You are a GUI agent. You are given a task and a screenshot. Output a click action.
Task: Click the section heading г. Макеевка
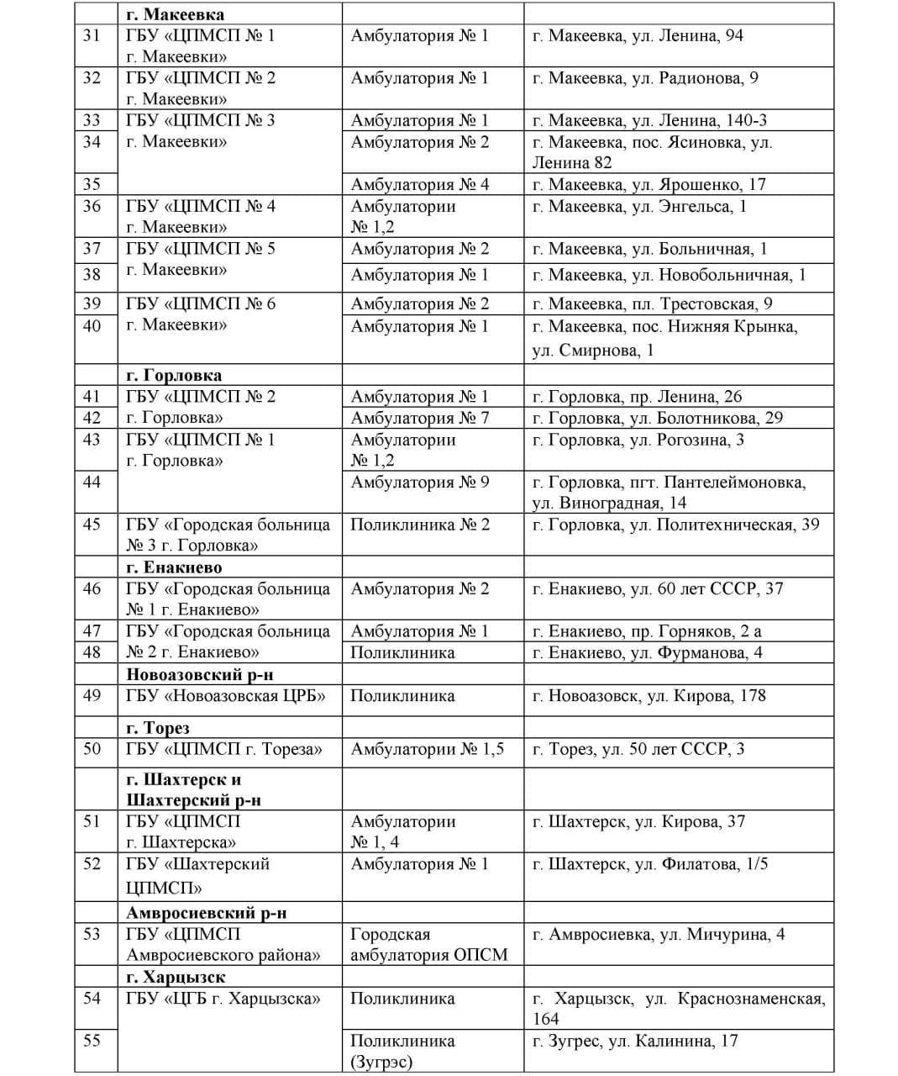tap(175, 14)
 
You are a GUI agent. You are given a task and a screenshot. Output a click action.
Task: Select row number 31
tap(92, 36)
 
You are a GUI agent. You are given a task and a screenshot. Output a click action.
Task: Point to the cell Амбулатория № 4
tap(419, 184)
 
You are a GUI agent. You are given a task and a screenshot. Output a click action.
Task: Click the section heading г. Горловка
tap(174, 375)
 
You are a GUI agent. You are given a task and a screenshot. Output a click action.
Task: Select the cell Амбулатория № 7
tap(419, 418)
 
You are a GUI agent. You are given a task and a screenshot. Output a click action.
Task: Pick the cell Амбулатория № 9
tap(419, 482)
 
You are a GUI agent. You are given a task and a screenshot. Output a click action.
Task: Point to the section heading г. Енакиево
tap(174, 567)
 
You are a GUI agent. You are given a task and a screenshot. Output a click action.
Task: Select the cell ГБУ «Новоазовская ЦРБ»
tap(226, 696)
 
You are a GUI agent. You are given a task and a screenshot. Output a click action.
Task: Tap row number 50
tap(92, 749)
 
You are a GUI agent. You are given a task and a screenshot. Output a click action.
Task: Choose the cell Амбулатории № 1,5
tap(427, 749)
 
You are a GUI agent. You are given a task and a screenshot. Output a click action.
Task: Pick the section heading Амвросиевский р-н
tap(207, 912)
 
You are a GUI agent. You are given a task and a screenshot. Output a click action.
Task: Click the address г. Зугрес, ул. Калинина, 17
tap(635, 1041)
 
